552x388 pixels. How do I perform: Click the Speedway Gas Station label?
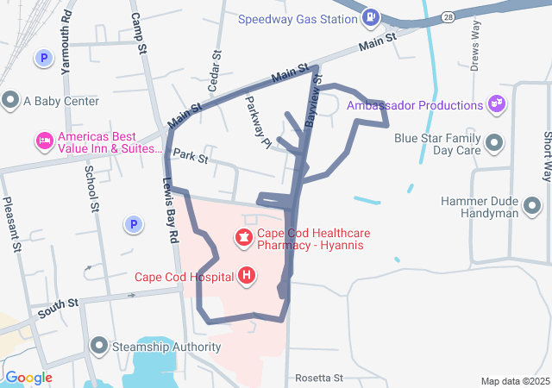pyautogui.click(x=297, y=19)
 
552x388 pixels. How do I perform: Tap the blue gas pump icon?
pyautogui.click(x=370, y=17)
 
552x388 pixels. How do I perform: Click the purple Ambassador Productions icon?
pyautogui.click(x=496, y=104)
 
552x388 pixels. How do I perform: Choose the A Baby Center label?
pyautogui.click(x=60, y=101)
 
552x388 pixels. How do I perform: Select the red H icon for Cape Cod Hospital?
pyautogui.click(x=247, y=276)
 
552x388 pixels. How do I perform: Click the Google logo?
pyautogui.click(x=28, y=378)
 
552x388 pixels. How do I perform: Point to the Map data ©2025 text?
pyautogui.click(x=514, y=381)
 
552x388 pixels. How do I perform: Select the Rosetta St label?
pyautogui.click(x=318, y=378)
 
